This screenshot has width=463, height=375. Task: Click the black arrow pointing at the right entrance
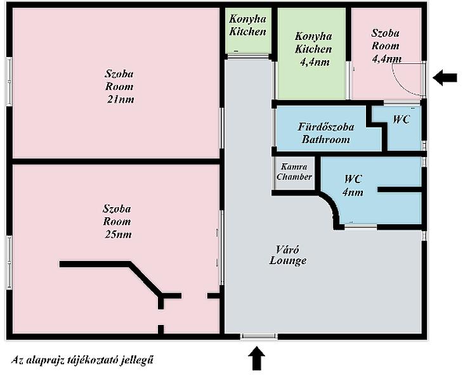(x=445, y=78)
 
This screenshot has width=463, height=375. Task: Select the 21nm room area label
(x=121, y=99)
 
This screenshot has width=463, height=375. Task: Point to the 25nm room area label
(x=117, y=234)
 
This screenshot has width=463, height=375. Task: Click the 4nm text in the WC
(x=353, y=193)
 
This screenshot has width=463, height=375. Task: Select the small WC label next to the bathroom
(x=401, y=119)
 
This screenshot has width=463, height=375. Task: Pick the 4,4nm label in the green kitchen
(x=313, y=62)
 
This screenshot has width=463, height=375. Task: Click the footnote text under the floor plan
(x=82, y=360)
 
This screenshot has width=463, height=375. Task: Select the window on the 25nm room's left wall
(x=9, y=253)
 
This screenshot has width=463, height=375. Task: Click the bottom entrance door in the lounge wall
(x=259, y=336)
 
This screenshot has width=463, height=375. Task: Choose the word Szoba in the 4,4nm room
(x=385, y=32)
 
